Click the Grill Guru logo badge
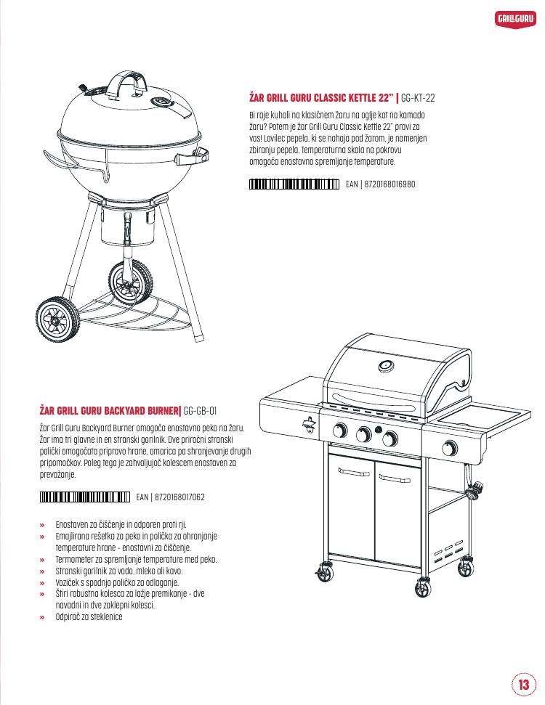[x=515, y=19]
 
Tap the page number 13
[x=523, y=685]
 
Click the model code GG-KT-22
[x=418, y=97]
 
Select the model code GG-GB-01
[x=201, y=410]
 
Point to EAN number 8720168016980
[x=389, y=184]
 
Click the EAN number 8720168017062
[x=180, y=497]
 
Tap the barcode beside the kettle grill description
[x=294, y=184]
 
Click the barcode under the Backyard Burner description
[x=84, y=497]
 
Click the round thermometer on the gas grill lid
[x=386, y=367]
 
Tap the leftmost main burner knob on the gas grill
[x=340, y=431]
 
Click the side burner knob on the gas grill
[x=449, y=448]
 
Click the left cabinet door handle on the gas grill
[x=354, y=473]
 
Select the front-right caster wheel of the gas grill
[x=423, y=587]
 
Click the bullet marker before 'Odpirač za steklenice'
[x=42, y=617]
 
